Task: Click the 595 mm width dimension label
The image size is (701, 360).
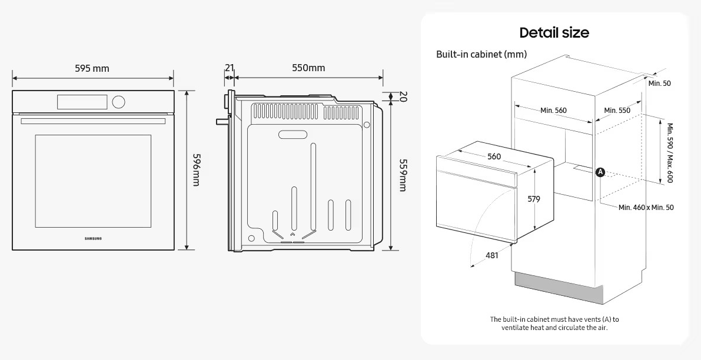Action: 92,68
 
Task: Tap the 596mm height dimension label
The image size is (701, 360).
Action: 197,170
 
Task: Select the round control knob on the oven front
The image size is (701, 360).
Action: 119,102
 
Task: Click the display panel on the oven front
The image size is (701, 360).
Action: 82,102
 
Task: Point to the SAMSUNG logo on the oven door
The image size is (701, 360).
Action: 93,238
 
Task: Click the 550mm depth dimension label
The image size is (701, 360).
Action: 308,68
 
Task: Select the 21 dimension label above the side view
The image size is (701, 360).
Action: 230,68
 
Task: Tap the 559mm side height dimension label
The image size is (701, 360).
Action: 403,175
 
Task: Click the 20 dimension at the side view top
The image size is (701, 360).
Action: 403,96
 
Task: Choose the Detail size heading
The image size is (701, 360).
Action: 554,32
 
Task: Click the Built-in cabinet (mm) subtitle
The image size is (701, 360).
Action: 481,54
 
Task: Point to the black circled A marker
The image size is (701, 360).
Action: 600,172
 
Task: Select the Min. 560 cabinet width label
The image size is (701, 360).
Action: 553,110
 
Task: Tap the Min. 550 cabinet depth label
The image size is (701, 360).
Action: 617,110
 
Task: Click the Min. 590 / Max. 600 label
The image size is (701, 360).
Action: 669,152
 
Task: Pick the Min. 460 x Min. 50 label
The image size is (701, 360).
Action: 646,208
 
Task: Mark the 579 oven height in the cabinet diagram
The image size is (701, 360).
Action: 533,199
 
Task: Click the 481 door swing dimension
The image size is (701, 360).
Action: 492,255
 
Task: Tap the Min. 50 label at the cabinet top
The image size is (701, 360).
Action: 659,84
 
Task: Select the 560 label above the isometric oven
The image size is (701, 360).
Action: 494,156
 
